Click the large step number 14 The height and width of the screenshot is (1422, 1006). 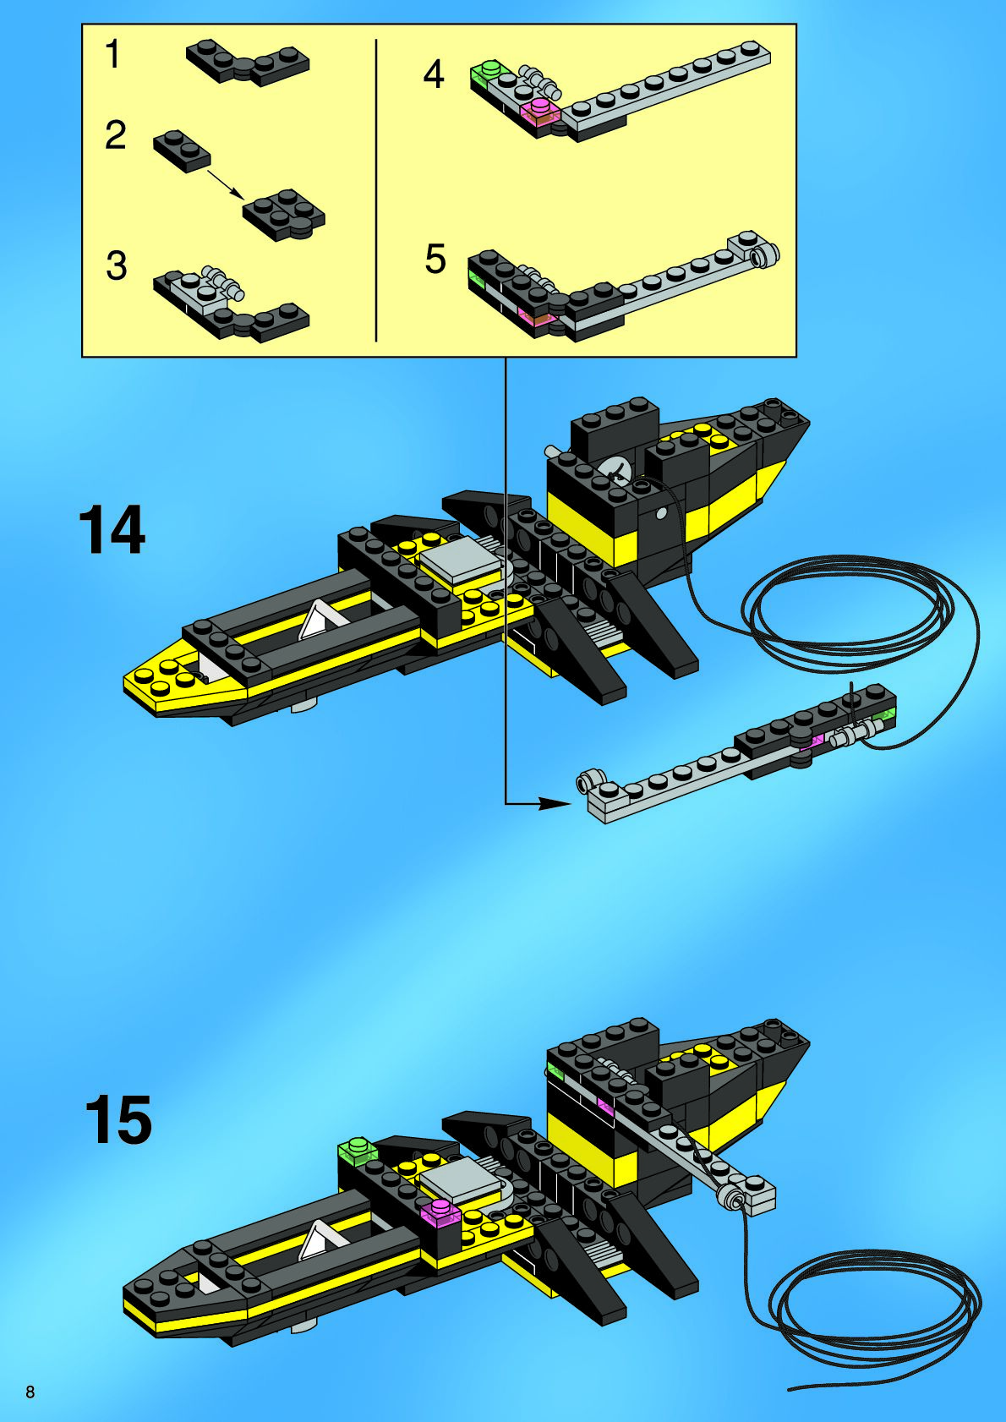coord(112,530)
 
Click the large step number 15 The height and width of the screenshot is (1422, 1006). coord(118,1120)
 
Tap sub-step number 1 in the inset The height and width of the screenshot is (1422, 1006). coord(112,55)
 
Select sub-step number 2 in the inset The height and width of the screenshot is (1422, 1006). coord(115,135)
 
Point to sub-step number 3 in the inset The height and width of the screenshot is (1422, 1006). coord(116,265)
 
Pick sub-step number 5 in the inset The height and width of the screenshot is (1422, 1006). coord(435,259)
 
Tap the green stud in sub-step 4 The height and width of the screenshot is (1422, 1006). coord(486,70)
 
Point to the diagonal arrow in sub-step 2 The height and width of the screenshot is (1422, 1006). coord(224,183)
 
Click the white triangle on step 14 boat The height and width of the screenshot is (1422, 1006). coord(315,621)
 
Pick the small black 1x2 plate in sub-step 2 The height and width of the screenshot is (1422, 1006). coord(181,150)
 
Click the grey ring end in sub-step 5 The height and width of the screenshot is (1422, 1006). coord(768,254)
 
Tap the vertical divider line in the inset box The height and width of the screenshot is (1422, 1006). coord(375,190)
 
